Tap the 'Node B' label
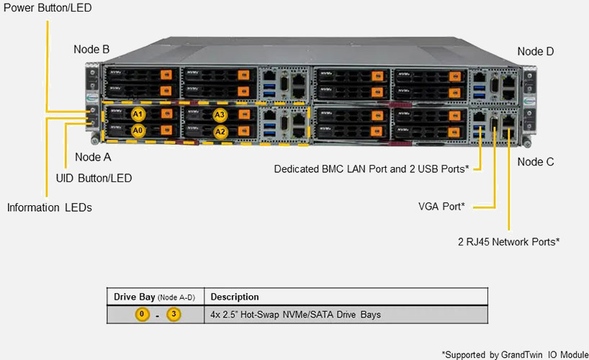(x=91, y=50)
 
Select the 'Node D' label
(x=536, y=52)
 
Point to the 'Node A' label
(x=93, y=157)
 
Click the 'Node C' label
(x=536, y=162)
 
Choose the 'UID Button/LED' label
(x=94, y=178)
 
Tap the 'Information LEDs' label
(x=50, y=208)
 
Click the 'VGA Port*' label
(x=441, y=207)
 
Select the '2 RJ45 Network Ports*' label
(x=509, y=242)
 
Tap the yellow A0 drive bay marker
(x=138, y=130)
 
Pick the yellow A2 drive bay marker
(x=220, y=131)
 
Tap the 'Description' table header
(x=235, y=297)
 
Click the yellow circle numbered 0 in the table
(x=143, y=315)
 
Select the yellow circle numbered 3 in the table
(x=174, y=315)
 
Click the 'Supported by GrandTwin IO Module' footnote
(x=514, y=354)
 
